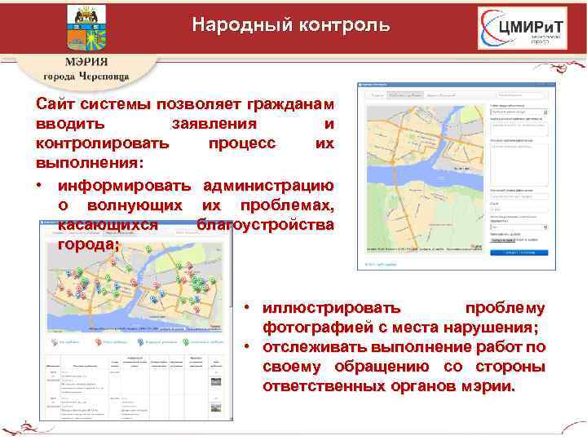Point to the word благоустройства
[265, 223]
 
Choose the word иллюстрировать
[332, 309]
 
